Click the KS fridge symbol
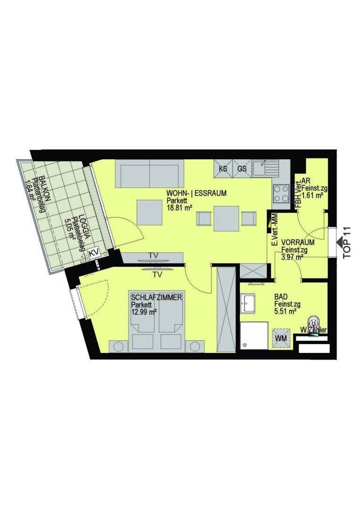(x=223, y=168)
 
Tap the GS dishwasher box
(x=242, y=168)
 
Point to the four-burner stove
(x=281, y=194)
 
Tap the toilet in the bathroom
(x=314, y=321)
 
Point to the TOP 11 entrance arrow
(x=341, y=242)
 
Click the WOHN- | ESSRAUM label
(x=196, y=194)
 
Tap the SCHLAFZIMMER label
(x=156, y=297)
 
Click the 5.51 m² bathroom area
(x=286, y=312)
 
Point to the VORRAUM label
(x=298, y=243)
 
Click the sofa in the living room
(x=150, y=173)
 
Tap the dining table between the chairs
(x=227, y=219)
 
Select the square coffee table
(x=149, y=213)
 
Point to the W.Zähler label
(x=313, y=330)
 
